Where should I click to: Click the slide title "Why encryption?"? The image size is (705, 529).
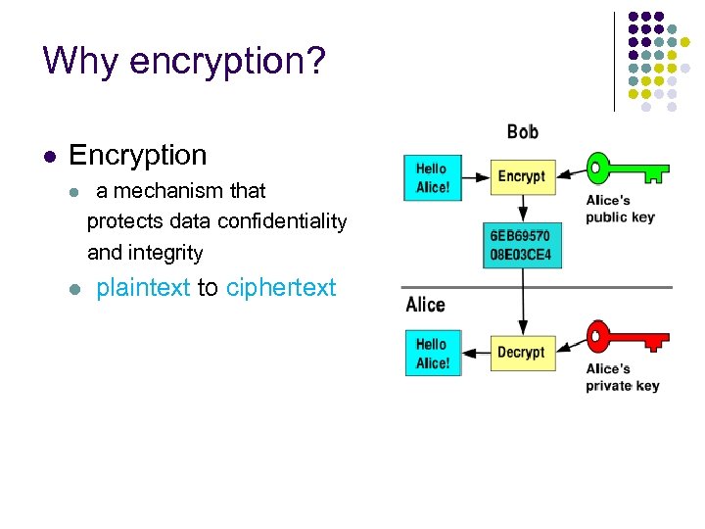(x=183, y=61)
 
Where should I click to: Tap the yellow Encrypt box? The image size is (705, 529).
(x=521, y=176)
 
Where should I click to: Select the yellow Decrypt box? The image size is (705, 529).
(x=521, y=352)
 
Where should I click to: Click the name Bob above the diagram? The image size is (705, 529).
(x=522, y=131)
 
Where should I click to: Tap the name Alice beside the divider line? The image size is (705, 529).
(x=425, y=305)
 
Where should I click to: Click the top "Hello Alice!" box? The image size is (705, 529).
(x=431, y=177)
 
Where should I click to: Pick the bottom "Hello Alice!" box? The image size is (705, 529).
(x=431, y=353)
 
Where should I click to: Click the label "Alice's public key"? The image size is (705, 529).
(x=620, y=209)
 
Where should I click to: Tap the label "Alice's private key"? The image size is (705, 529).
(x=622, y=377)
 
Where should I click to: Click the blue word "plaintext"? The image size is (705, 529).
(x=143, y=288)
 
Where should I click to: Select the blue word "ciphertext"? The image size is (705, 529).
(x=281, y=288)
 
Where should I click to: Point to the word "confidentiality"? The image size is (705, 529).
(x=282, y=221)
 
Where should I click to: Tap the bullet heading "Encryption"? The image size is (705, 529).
(x=138, y=155)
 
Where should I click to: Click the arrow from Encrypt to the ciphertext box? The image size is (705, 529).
(x=523, y=209)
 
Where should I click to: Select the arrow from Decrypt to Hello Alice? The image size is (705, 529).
(x=475, y=352)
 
